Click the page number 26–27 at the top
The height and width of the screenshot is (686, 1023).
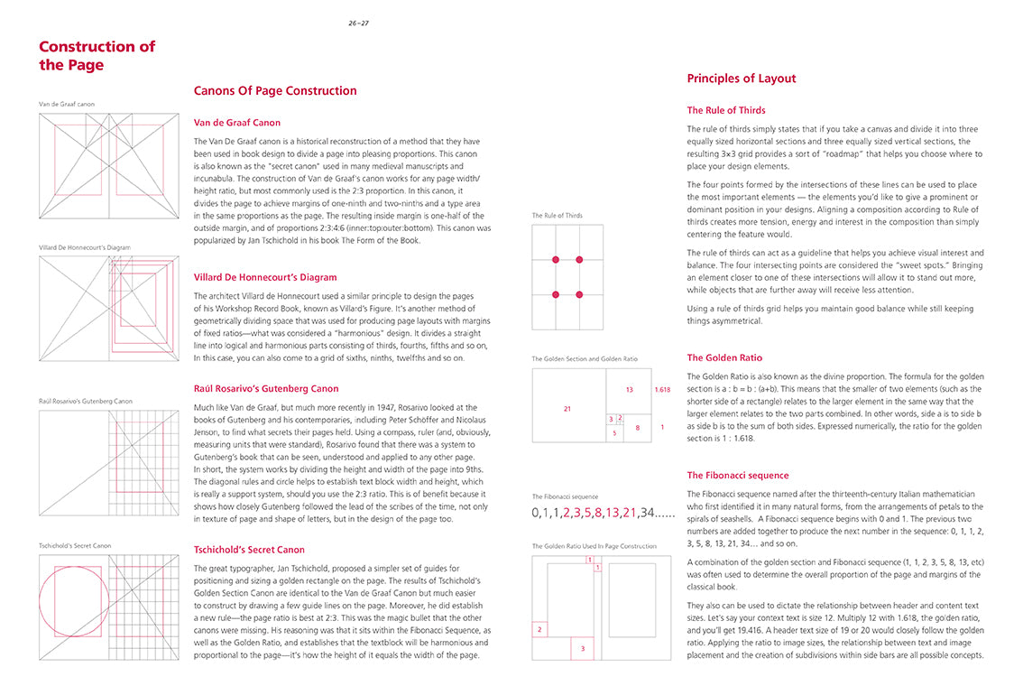[x=358, y=23]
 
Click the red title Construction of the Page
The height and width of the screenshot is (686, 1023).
[x=97, y=56]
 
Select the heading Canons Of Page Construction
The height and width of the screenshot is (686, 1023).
[x=275, y=91]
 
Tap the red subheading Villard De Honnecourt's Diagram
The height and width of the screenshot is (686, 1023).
[x=265, y=277]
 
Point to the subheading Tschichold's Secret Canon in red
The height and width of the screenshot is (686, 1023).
[x=249, y=550]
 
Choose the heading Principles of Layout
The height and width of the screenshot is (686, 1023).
[x=741, y=79]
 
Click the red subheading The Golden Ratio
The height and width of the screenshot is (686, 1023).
[x=723, y=357]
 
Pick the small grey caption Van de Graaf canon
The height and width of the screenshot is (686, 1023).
[x=66, y=105]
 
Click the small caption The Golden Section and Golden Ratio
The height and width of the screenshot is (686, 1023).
[x=584, y=359]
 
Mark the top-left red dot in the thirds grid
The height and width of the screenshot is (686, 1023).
[x=556, y=260]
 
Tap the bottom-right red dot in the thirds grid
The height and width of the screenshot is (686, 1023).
[x=579, y=295]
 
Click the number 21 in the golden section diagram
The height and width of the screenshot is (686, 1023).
[x=567, y=409]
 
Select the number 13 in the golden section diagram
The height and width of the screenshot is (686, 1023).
[x=629, y=390]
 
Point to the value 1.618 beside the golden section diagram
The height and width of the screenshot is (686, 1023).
[x=662, y=390]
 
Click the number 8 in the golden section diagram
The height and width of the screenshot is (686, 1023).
[x=637, y=427]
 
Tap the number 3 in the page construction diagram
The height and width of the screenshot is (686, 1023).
[x=582, y=648]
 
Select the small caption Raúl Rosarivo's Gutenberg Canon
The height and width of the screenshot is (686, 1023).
[x=85, y=401]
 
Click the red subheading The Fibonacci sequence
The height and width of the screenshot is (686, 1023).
[x=737, y=476]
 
